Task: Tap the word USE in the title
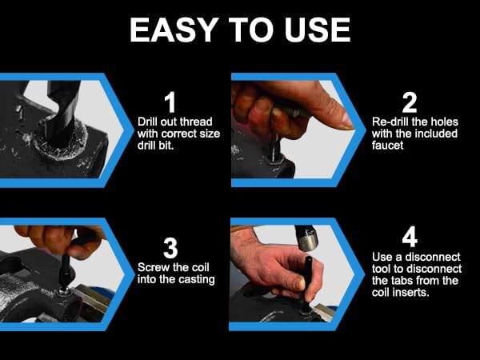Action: coord(318,30)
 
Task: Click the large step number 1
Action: coord(170,102)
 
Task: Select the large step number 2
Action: coord(410,102)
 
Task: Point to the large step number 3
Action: coord(170,248)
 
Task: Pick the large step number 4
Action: coord(410,237)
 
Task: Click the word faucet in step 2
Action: coord(387,145)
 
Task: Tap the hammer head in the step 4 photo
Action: coord(306,238)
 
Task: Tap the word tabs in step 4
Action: coord(402,281)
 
